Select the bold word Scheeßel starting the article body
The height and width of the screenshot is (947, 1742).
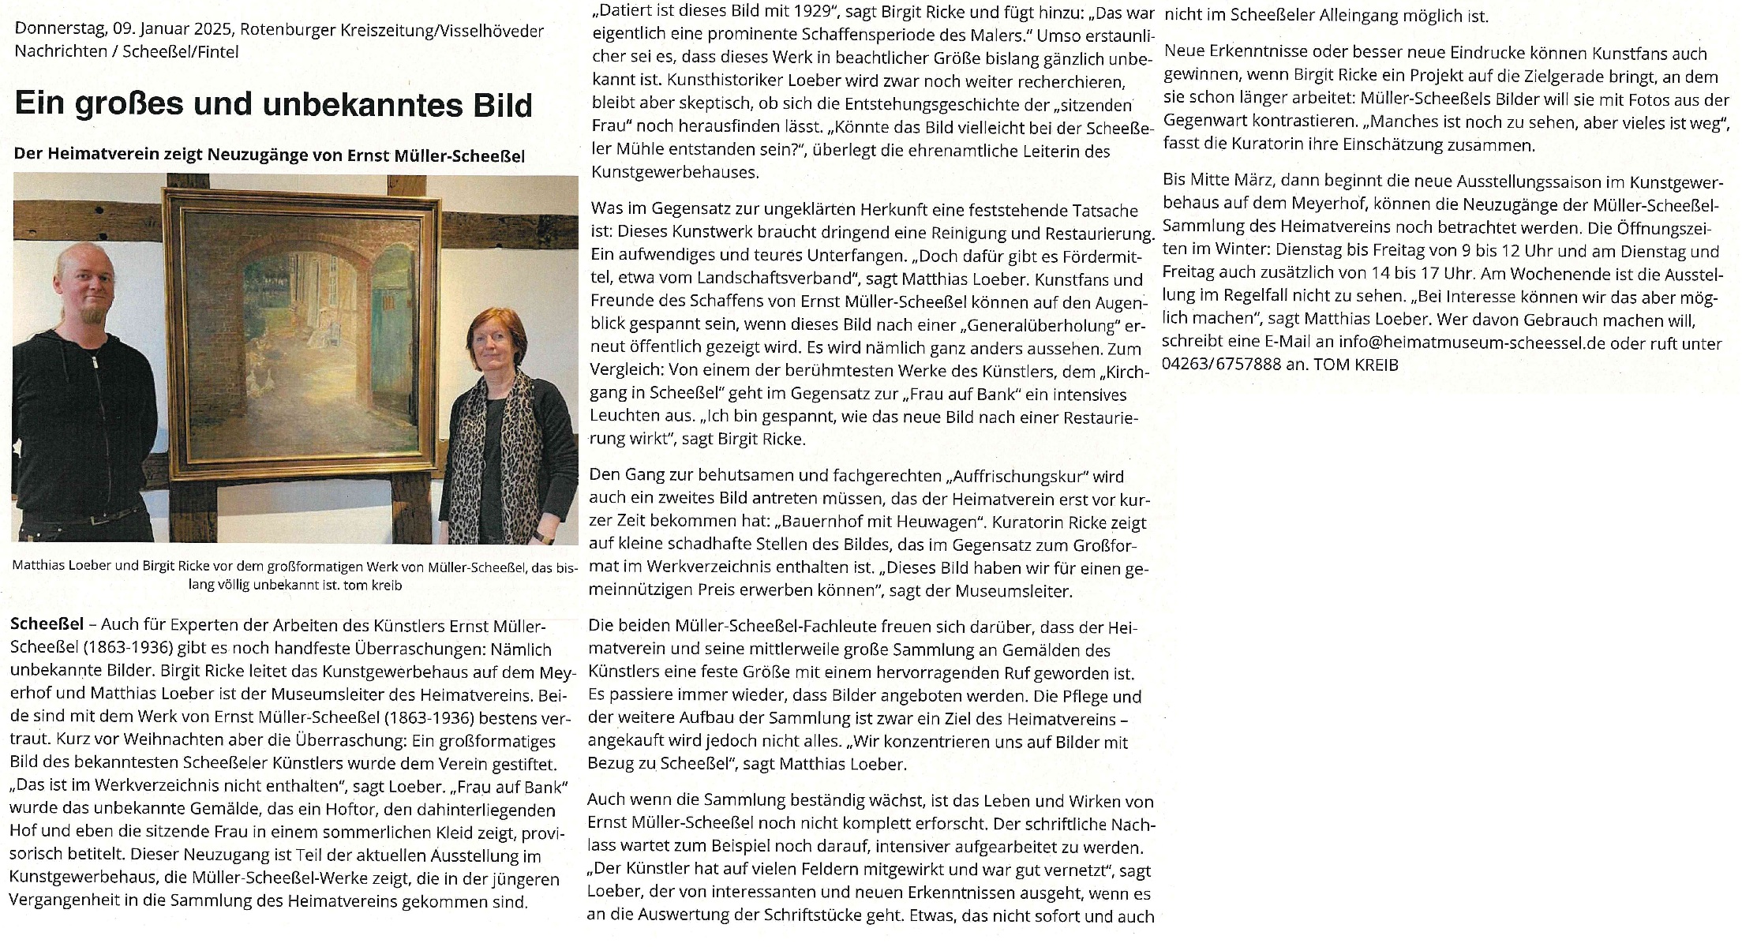pyautogui.click(x=47, y=625)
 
